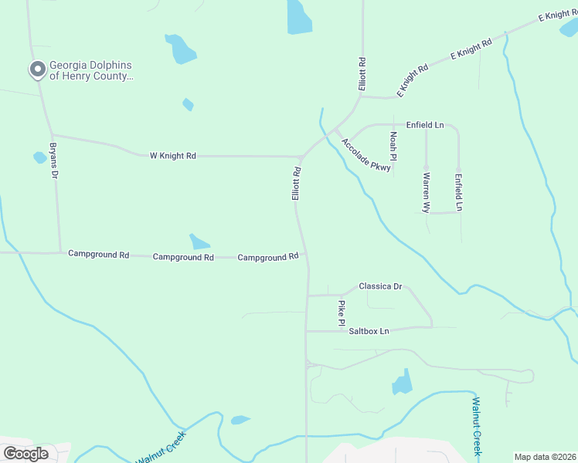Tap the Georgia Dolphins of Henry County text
click(91, 71)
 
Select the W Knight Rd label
click(172, 156)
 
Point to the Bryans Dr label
click(54, 161)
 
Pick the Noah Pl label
click(393, 146)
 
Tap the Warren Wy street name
click(426, 192)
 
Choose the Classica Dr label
click(380, 286)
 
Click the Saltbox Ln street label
click(369, 331)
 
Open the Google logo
click(25, 454)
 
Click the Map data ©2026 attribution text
click(545, 457)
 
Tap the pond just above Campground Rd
click(199, 242)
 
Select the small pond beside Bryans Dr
click(39, 157)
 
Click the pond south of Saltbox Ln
click(403, 383)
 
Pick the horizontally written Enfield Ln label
click(425, 125)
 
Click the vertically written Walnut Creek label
click(477, 425)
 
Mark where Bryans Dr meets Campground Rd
click(60, 252)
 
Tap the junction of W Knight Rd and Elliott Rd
click(301, 157)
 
